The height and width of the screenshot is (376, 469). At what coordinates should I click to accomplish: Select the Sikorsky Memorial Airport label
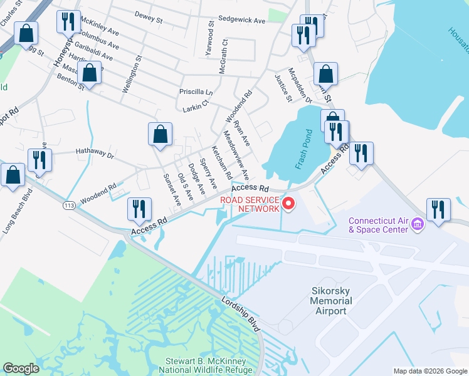coord(331,301)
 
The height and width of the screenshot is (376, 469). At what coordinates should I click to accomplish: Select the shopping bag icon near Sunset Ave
coord(161,134)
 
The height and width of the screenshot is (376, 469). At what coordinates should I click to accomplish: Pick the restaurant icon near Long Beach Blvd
coord(40,160)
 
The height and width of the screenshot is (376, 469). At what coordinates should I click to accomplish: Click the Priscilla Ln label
coord(196,91)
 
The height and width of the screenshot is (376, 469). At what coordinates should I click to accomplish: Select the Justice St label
coord(283,87)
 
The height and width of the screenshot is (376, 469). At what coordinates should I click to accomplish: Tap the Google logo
coord(21,368)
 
